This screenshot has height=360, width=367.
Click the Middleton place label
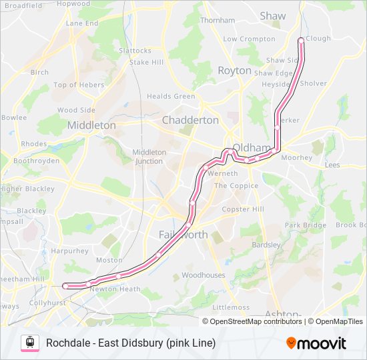[91, 125]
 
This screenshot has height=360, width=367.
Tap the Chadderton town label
[190, 120]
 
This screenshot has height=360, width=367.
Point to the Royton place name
[234, 70]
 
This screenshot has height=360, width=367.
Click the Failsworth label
[183, 235]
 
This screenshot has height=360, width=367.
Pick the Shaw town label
[272, 15]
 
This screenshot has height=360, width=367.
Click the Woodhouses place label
[204, 275]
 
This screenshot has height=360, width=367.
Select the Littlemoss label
[230, 307]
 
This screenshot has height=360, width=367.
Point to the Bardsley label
[266, 245]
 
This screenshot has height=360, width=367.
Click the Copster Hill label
[243, 209]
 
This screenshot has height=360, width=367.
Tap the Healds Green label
[171, 96]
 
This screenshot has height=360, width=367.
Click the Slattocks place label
[135, 50]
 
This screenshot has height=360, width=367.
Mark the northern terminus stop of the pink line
[301, 40]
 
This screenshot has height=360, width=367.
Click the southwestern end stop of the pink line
[65, 286]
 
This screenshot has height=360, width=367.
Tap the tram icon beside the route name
[29, 343]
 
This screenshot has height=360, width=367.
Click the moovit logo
[316, 343]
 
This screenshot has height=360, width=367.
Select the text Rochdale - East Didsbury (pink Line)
[131, 343]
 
